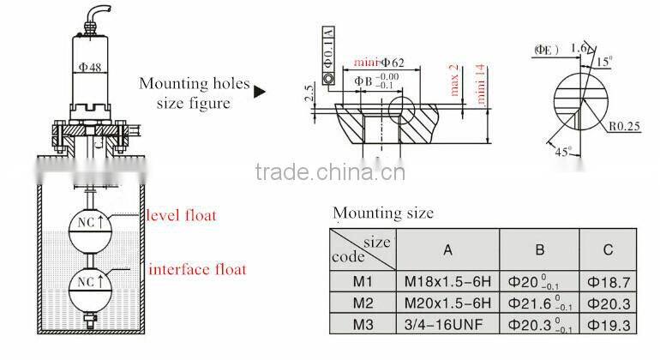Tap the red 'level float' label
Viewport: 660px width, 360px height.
point(182,214)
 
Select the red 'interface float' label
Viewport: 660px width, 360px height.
point(197,269)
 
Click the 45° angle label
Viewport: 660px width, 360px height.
point(562,152)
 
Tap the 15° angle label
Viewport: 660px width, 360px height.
point(605,61)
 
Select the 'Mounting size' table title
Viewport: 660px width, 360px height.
point(382,213)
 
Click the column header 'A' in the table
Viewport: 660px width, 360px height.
point(447,249)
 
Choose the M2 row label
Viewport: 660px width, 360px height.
point(362,303)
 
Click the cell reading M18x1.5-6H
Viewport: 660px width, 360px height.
point(447,281)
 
